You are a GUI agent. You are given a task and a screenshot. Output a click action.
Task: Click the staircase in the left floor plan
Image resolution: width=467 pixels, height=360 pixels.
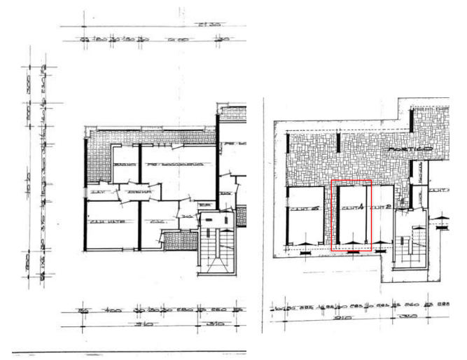pyautogui.click(x=212, y=245)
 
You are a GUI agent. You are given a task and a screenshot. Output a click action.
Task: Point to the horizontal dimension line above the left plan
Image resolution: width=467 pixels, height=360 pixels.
pyautogui.click(x=151, y=34)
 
